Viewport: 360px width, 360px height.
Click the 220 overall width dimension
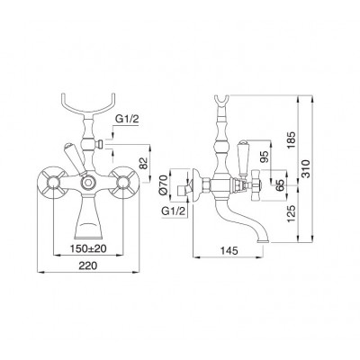coord(88,265)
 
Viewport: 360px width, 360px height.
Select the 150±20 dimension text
coord(88,248)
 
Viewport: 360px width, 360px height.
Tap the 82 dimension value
coord(145,163)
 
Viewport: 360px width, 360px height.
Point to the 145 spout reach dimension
coord(229,250)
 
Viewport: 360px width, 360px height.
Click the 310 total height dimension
coord(305,169)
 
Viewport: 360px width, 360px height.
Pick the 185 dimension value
coord(292,140)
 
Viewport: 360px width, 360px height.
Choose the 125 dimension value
coord(292,214)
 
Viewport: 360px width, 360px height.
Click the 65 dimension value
coord(281,184)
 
